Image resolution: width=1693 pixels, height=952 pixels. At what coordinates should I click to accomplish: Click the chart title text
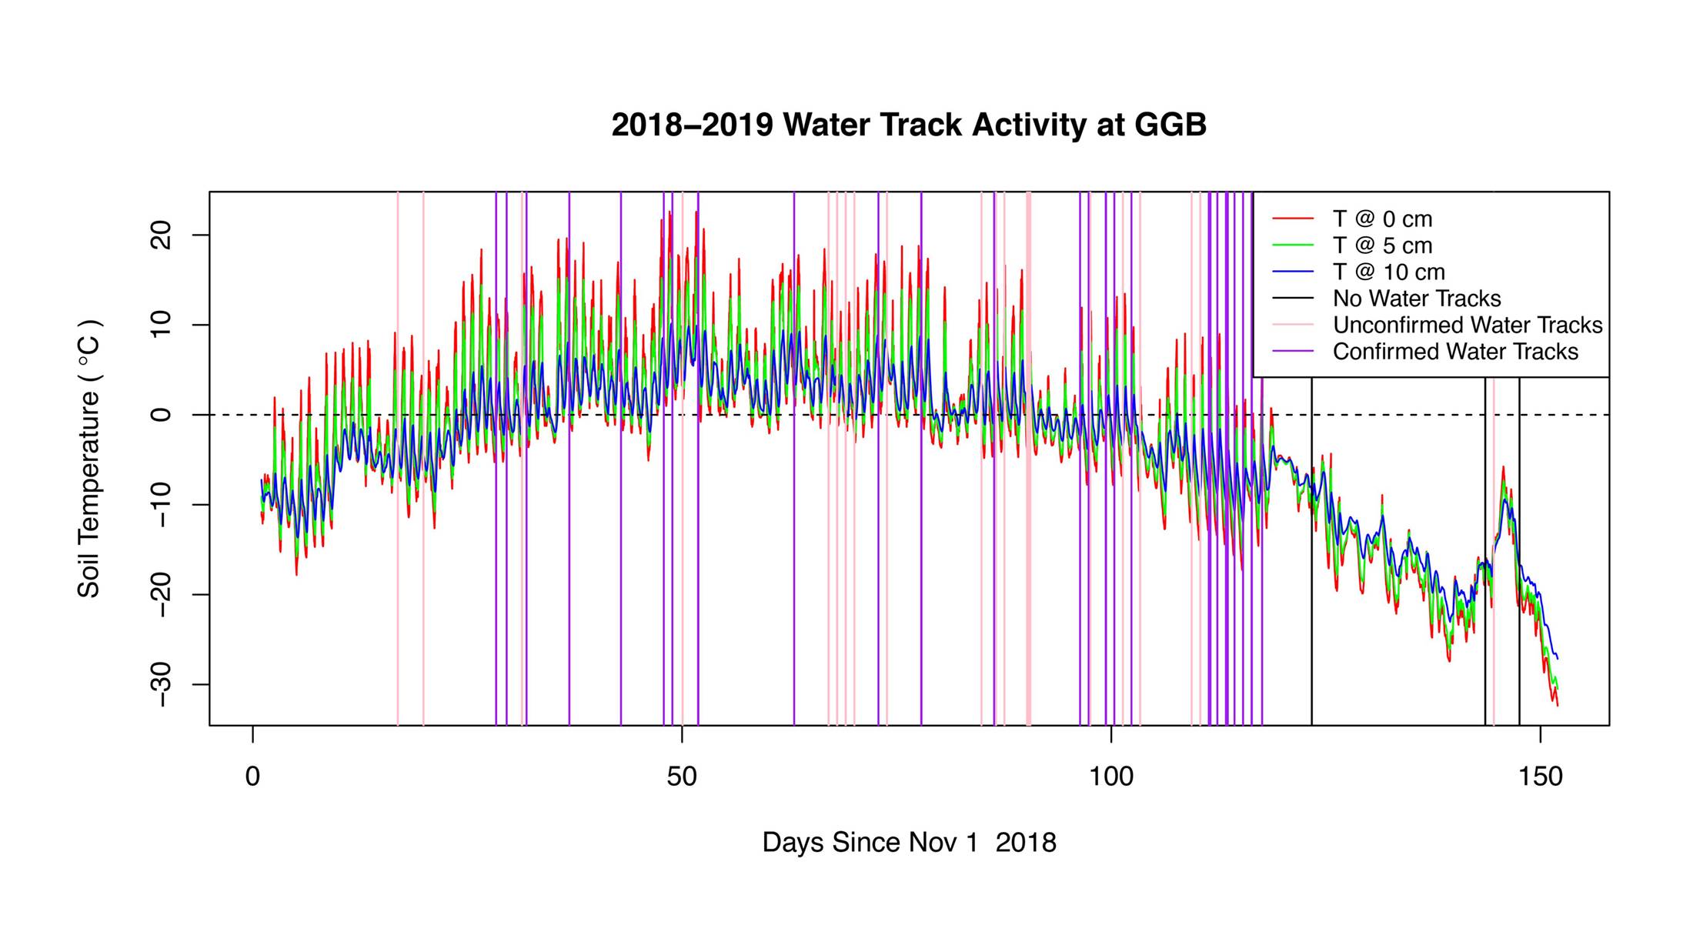909,125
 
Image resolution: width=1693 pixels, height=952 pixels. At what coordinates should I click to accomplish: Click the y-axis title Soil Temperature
89,459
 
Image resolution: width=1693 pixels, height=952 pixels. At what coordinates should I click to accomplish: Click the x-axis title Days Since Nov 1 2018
909,843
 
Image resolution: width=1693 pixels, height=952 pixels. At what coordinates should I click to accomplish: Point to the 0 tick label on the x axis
252,777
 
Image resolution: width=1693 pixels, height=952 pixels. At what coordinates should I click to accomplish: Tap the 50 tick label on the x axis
682,777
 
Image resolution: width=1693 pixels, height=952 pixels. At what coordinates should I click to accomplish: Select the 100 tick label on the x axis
1110,777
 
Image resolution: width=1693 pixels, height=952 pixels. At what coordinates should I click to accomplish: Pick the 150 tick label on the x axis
1540,777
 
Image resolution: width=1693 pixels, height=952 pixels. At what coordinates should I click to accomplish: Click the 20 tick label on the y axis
162,235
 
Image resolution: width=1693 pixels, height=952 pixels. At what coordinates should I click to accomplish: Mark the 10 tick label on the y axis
162,325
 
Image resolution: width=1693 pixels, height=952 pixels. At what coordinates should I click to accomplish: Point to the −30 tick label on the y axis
162,684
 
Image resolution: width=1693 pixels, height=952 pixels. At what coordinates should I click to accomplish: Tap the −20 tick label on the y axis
162,594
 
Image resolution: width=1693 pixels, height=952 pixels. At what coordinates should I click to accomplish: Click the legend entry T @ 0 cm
1382,219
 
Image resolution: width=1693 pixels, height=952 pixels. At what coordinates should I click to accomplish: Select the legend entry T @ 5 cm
1382,246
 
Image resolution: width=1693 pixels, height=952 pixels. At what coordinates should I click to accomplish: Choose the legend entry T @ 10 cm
1388,272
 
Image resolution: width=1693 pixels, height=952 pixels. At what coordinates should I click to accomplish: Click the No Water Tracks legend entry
1416,299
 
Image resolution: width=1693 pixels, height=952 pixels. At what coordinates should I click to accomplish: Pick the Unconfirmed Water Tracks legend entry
1467,325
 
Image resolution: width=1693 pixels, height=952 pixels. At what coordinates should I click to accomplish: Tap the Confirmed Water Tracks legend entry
1454,352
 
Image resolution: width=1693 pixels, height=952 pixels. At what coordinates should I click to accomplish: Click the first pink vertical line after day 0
398,539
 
